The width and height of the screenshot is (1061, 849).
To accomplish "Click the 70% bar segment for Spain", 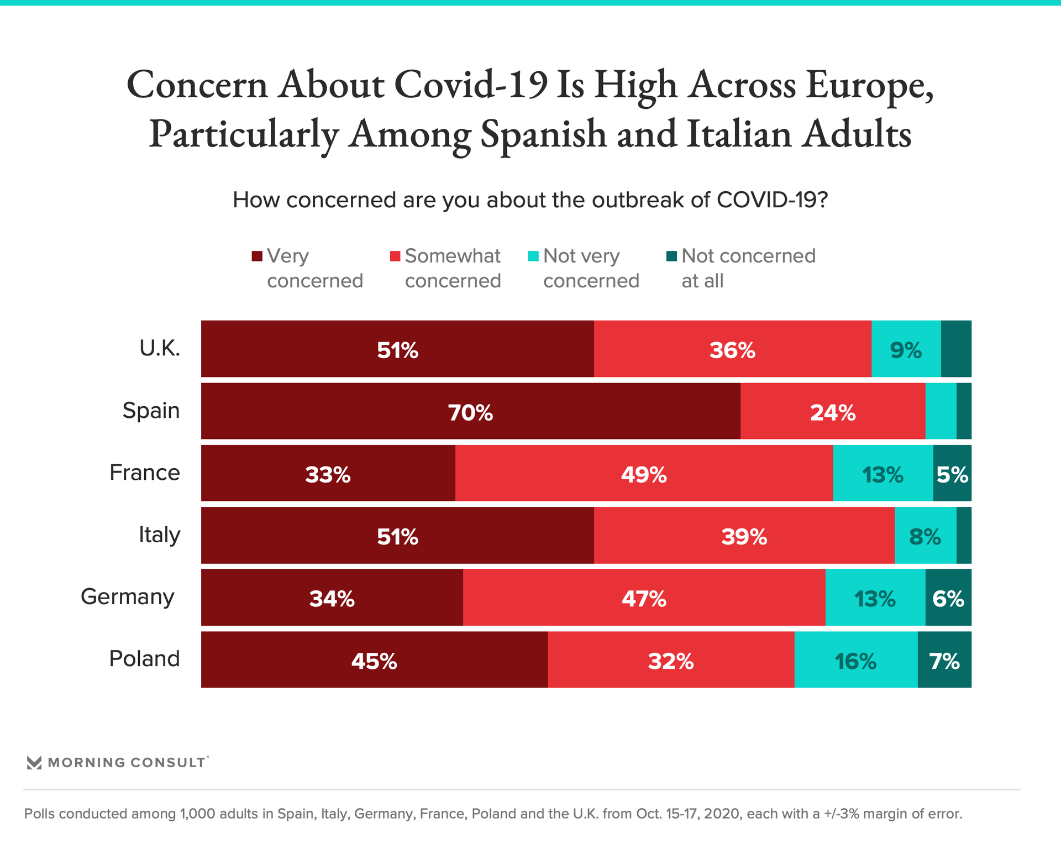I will (x=470, y=412).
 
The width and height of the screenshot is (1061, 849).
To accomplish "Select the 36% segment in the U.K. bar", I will (x=732, y=349).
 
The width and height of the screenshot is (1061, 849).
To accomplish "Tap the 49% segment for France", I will (x=644, y=474).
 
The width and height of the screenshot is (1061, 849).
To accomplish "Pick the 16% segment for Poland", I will (x=855, y=660).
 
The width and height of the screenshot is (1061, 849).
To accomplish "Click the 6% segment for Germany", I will (x=948, y=598).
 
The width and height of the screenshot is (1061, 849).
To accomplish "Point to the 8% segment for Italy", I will (x=925, y=536).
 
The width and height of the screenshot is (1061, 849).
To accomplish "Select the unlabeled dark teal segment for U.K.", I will (x=956, y=349).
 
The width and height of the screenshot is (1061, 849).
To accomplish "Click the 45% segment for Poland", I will (x=374, y=660).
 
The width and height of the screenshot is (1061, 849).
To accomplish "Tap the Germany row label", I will (x=128, y=597).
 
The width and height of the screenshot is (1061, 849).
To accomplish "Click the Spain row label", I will (x=151, y=411).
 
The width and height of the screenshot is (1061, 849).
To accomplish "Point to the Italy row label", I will (x=159, y=535).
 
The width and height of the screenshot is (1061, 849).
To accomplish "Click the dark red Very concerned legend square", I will (x=257, y=256).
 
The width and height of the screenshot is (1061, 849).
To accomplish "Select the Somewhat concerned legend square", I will (x=395, y=256).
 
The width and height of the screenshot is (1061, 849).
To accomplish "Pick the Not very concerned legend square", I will (x=533, y=256).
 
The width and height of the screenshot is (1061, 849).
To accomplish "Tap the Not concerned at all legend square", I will (x=671, y=256).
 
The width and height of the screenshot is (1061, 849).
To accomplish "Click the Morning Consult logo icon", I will (x=34, y=763).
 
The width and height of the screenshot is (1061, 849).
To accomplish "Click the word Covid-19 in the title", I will (x=471, y=85).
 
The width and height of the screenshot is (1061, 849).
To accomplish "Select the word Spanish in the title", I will (x=544, y=134).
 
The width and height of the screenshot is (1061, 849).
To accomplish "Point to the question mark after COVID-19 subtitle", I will (x=823, y=200).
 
